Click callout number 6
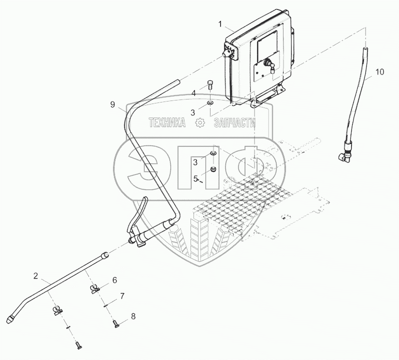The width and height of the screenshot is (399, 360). pyautogui.click(x=114, y=280)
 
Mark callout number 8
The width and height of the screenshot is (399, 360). pyautogui.click(x=132, y=316)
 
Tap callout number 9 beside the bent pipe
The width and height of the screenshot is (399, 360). pyautogui.click(x=113, y=105)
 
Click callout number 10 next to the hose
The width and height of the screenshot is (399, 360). pyautogui.click(x=379, y=72)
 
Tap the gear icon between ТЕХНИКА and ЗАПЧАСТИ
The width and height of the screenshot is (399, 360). pyautogui.click(x=200, y=123)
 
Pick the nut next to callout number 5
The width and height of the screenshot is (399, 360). pyautogui.click(x=212, y=170)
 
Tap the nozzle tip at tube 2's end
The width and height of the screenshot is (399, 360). pyautogui.click(x=11, y=318)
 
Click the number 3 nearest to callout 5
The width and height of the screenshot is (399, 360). pyautogui.click(x=196, y=161)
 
